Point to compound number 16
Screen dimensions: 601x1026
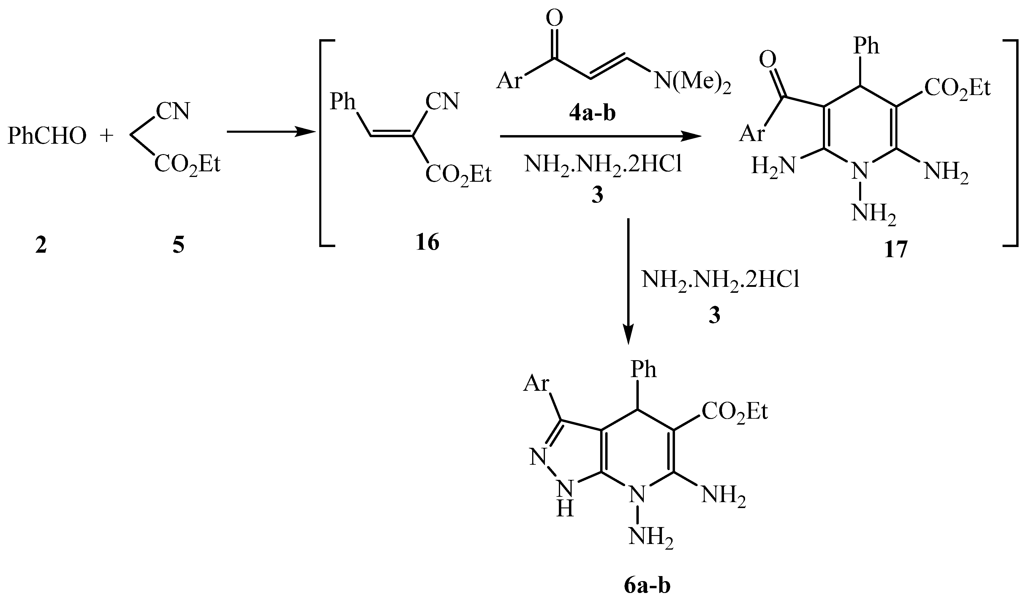(x=428, y=243)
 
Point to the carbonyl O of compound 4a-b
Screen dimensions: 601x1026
(x=554, y=18)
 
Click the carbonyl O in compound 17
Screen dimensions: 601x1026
(x=768, y=60)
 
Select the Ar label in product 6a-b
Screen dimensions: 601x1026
(x=536, y=384)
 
